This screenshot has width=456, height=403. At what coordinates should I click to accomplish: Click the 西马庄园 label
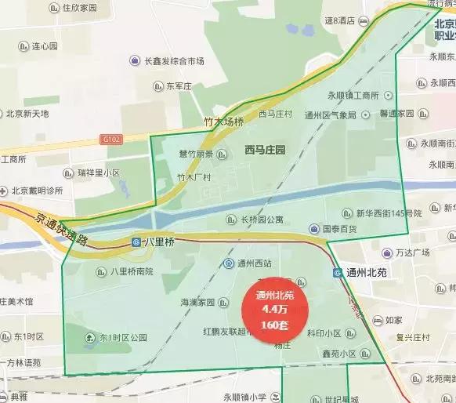pyautogui.click(x=265, y=149)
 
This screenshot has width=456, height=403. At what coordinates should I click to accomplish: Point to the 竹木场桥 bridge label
pyautogui.click(x=224, y=122)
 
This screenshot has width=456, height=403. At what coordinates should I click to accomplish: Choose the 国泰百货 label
pyautogui.click(x=340, y=230)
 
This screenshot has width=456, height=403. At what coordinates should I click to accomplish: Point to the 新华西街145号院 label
pyautogui.click(x=389, y=213)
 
